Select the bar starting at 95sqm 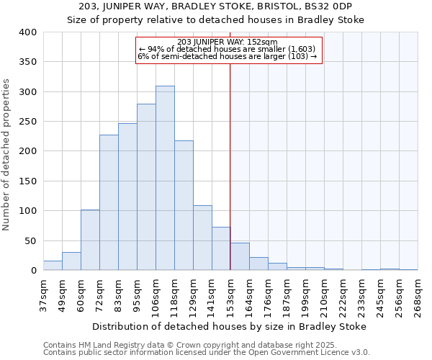click(x=146, y=187)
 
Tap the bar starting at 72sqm click(x=109, y=203)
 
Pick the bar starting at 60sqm click(x=90, y=240)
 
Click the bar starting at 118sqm click(x=184, y=206)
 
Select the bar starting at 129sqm click(x=202, y=238)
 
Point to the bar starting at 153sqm click(x=240, y=257)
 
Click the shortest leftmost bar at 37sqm click(x=53, y=266)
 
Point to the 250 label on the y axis click(x=27, y=122)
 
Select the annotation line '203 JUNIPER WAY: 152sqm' click(x=227, y=42)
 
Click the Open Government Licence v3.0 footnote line click(x=207, y=353)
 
